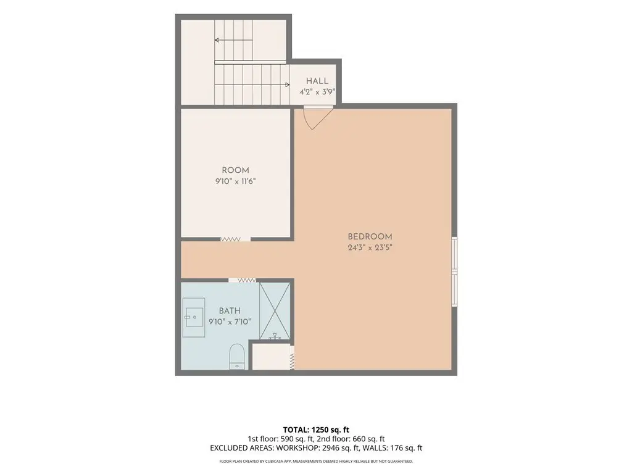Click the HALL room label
point(317,81)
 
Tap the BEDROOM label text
point(370,236)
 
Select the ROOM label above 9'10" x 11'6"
point(235,170)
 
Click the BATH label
point(230,311)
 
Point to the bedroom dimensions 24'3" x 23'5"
point(370,247)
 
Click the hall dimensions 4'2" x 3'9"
point(317,92)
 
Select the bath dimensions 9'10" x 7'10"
point(230,322)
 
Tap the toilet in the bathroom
point(236,356)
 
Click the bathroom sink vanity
point(193,318)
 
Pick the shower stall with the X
point(275,311)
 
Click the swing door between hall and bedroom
point(318,117)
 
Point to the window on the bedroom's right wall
point(454,272)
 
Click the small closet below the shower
point(271,357)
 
